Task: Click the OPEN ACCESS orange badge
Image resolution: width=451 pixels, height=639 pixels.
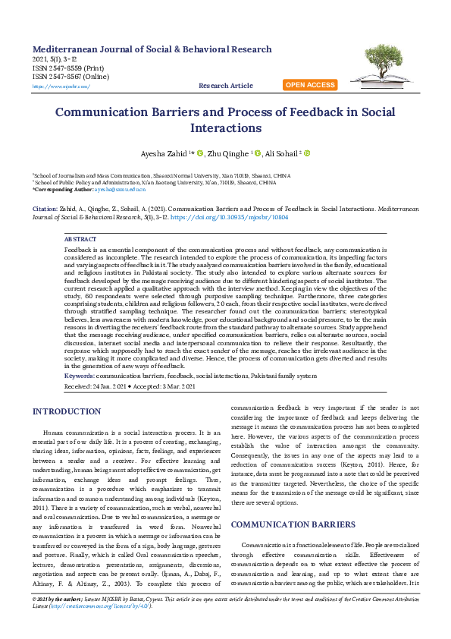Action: [310, 85]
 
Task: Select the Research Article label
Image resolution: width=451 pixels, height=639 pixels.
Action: [226, 87]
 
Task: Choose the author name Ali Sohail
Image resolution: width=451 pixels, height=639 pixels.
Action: [280, 154]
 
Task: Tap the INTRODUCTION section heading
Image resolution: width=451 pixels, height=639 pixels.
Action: [67, 411]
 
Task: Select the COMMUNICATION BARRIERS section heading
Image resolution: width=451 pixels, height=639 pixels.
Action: [293, 524]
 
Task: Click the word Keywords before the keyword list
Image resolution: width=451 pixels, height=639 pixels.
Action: [80, 376]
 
